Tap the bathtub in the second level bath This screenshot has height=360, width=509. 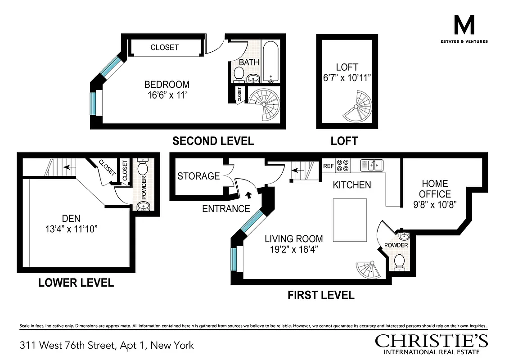click(x=271, y=62)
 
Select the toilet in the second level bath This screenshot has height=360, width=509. click(x=239, y=74)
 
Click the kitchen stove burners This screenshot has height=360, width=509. click(x=343, y=165)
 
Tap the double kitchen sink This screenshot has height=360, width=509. click(x=372, y=165)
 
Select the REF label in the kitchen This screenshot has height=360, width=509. click(x=329, y=166)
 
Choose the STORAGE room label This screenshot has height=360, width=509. click(x=198, y=176)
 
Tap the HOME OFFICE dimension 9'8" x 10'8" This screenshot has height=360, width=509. click(x=435, y=204)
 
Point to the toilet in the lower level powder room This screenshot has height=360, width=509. click(x=143, y=169)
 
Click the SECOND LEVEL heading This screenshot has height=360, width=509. click(x=213, y=141)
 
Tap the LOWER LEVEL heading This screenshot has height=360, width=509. click(x=76, y=283)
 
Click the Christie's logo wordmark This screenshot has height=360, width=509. click(x=432, y=341)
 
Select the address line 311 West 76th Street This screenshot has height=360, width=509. click(x=107, y=345)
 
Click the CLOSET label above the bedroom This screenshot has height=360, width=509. click(x=164, y=47)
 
